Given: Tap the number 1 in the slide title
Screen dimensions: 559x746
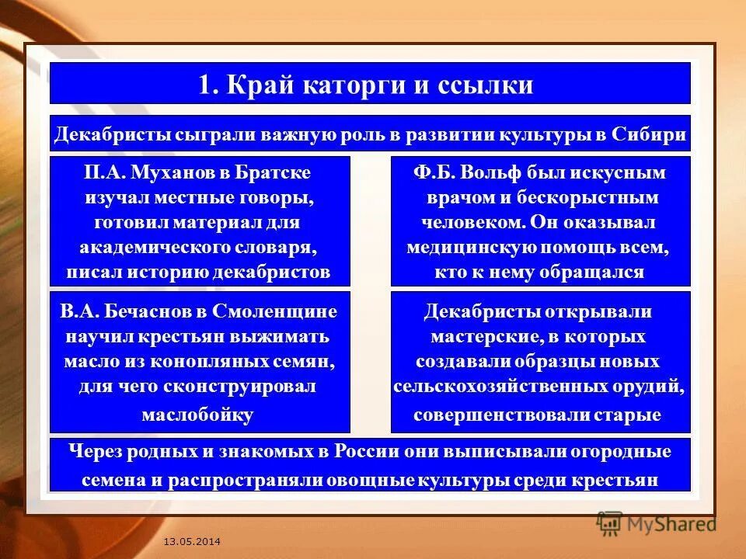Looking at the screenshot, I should tap(204, 84).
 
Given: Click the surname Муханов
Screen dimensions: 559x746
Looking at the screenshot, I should tap(166, 172).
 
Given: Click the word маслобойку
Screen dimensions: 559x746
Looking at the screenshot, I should tap(198, 415).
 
